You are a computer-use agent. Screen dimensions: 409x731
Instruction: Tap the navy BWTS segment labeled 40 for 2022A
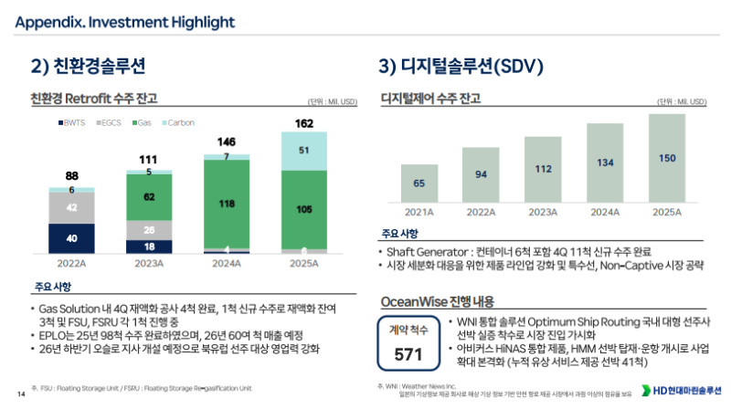click(x=71, y=238)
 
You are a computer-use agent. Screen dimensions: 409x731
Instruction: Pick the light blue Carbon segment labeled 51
click(x=303, y=151)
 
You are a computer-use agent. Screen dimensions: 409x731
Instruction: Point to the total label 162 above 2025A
click(x=303, y=123)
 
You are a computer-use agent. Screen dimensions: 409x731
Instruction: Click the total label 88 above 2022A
click(x=71, y=175)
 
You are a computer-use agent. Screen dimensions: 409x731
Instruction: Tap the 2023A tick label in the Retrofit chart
click(x=149, y=264)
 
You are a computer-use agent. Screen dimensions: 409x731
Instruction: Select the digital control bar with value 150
click(x=666, y=157)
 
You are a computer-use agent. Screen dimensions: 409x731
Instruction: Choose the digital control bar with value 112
click(x=543, y=168)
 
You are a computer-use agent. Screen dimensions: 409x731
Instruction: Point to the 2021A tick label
click(x=418, y=212)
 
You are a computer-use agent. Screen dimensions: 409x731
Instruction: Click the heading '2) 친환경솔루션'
click(x=88, y=66)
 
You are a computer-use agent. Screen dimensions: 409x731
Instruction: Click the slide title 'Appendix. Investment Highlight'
click(x=124, y=21)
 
